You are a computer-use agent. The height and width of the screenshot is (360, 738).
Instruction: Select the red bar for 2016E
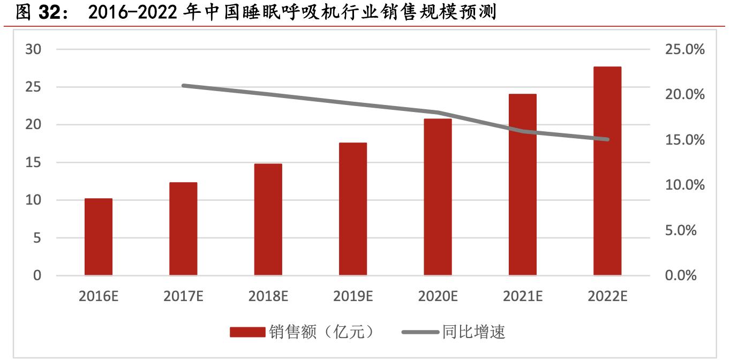99,237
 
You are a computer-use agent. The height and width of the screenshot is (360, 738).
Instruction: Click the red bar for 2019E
353,209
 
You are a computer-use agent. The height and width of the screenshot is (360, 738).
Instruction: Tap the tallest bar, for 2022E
607,171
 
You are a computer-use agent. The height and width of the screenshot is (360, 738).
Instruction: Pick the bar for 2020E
438,197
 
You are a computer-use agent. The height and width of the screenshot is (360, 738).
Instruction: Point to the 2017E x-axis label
183,296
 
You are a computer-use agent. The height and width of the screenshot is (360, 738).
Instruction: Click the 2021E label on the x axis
523,296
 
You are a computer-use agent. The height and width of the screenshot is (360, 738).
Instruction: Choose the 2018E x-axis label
268,296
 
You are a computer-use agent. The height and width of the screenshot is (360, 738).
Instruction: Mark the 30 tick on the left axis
33,49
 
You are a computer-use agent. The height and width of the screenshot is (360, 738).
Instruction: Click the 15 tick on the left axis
33,162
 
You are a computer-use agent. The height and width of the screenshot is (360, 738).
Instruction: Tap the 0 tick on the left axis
37,275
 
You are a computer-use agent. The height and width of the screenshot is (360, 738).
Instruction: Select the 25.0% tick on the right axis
684,49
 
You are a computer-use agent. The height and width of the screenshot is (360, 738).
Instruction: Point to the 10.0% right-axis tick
684,185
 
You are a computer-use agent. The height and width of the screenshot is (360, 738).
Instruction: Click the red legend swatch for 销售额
247,333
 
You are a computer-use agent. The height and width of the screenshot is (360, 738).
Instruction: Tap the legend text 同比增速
473,333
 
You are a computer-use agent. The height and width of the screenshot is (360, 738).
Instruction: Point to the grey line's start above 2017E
183,85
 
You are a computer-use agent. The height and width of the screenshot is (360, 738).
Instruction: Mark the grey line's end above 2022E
607,139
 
